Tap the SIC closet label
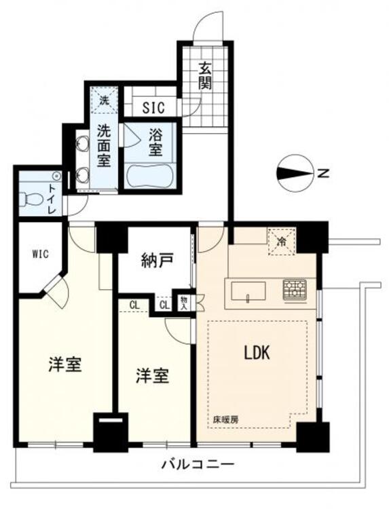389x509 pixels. click(x=159, y=107)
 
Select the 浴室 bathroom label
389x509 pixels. click(x=155, y=142)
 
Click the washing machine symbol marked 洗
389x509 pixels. click(x=104, y=100)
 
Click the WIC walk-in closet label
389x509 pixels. click(x=37, y=256)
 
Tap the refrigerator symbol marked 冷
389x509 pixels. click(x=281, y=240)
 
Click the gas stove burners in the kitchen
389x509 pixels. click(x=295, y=290)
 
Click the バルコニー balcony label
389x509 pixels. click(x=198, y=465)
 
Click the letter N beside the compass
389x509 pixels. click(x=325, y=174)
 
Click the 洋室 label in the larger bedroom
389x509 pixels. click(x=65, y=364)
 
